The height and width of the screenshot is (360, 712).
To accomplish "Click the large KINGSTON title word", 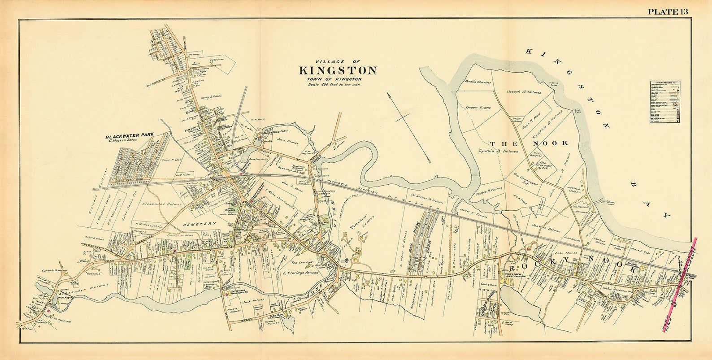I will (x=338, y=71).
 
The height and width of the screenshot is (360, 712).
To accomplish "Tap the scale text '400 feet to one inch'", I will (x=334, y=84).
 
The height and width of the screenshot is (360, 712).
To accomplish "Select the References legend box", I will (x=665, y=102).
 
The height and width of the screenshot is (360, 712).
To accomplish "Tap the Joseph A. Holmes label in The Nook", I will (x=524, y=92).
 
